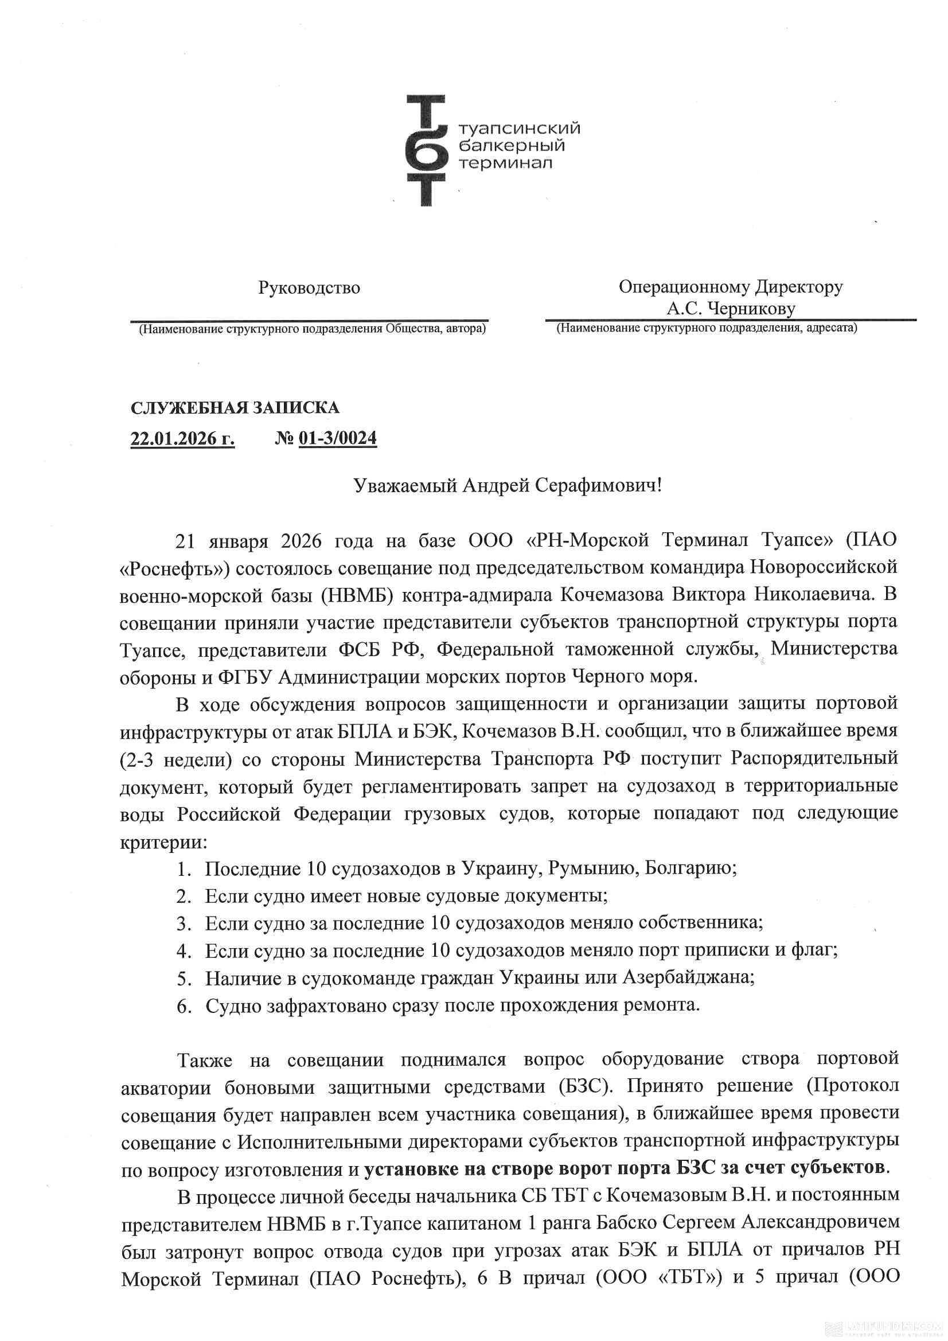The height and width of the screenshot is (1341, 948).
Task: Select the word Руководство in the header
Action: [309, 288]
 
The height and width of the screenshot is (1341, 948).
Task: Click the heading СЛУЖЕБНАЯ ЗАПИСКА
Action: [235, 407]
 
